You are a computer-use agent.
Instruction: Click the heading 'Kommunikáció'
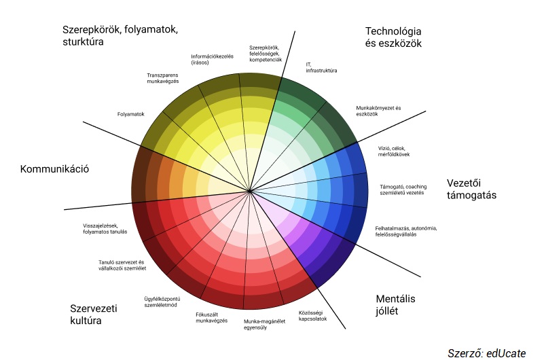pos(54,169)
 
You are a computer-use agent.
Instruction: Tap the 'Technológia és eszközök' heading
pos(393,37)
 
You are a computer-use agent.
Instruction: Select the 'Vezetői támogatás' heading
pos(471,189)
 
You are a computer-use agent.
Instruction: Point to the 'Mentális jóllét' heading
pos(395,305)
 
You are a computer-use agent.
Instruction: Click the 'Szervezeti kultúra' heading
pos(94,314)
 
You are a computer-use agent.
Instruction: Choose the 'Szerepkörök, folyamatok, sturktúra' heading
pos(120,35)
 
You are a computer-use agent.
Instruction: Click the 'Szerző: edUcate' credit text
pos(487,353)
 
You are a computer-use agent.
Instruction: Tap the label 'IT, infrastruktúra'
pos(321,68)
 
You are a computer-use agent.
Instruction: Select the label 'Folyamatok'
pos(131,114)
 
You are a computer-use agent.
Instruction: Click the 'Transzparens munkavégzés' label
pos(163,78)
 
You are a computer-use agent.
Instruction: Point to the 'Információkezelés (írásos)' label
pos(213,60)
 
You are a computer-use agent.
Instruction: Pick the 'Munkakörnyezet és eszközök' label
pos(378,111)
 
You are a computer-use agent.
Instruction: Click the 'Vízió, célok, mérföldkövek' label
pos(394,151)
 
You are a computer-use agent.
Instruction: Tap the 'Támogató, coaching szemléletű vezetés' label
pos(403,190)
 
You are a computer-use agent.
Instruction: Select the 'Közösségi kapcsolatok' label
pos(312,316)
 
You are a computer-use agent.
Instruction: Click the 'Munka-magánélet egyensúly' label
pos(264,324)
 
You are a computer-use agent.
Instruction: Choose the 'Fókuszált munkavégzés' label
pos(212,318)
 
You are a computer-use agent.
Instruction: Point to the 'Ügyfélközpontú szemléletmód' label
pos(162,302)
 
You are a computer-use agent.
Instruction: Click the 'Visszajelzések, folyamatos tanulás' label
pos(105,229)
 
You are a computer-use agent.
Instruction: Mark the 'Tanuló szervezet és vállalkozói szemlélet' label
pos(122,266)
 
